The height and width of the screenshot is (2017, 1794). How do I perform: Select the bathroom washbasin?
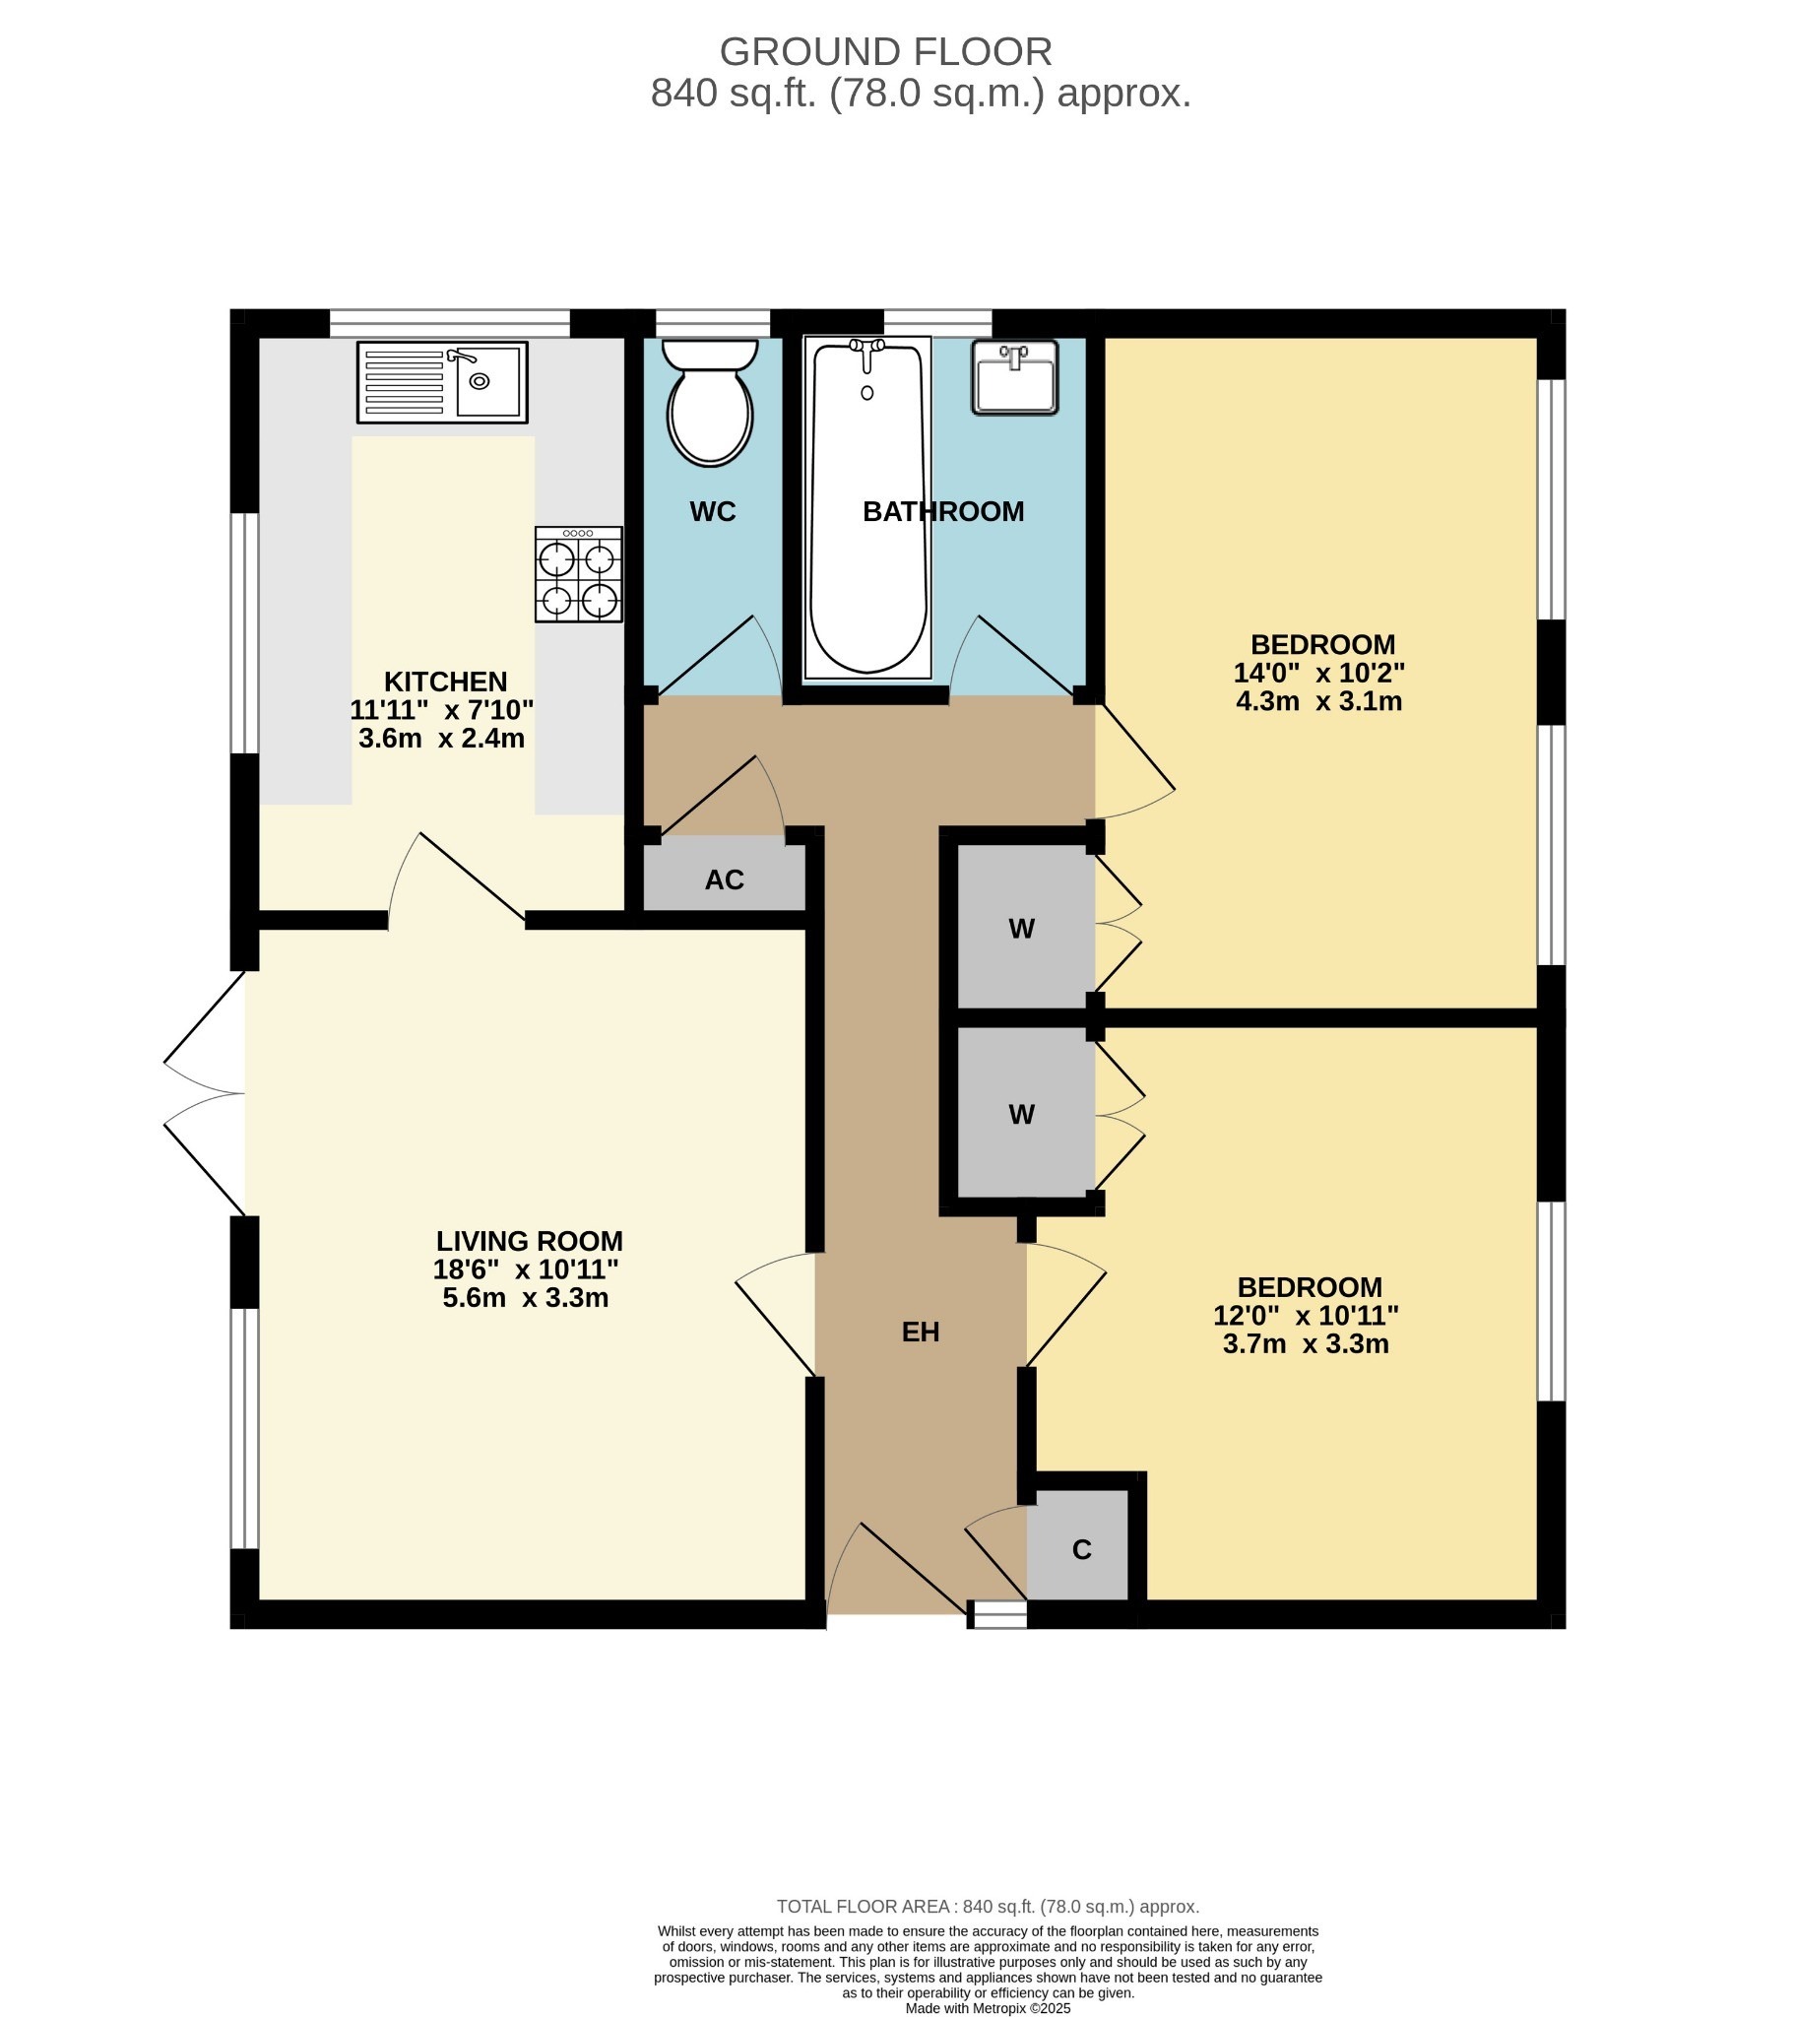[1014, 377]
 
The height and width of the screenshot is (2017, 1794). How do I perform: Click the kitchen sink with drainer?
[442, 382]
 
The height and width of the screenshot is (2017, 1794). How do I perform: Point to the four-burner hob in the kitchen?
[578, 574]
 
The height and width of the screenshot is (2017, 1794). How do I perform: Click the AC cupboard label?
[724, 880]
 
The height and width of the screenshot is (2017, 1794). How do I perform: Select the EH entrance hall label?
[920, 1333]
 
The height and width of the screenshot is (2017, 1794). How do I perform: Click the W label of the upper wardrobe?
[1021, 929]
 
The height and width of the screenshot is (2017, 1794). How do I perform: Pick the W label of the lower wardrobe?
[1021, 1114]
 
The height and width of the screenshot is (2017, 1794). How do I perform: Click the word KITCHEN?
[445, 682]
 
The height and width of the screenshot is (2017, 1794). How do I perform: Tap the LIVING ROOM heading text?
[529, 1240]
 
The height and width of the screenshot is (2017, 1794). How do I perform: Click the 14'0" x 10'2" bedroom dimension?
[1318, 673]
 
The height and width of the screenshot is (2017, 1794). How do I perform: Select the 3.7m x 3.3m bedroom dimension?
[1306, 1344]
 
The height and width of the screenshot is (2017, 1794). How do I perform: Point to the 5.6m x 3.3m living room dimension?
[525, 1298]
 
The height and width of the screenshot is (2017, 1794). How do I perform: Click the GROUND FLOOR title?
[885, 51]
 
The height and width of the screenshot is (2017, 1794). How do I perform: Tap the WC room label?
[713, 511]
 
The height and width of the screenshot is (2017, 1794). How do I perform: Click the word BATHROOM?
[943, 511]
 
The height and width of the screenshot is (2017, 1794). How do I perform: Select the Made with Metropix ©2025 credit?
[988, 2008]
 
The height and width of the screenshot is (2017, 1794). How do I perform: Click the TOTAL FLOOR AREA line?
[988, 1907]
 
